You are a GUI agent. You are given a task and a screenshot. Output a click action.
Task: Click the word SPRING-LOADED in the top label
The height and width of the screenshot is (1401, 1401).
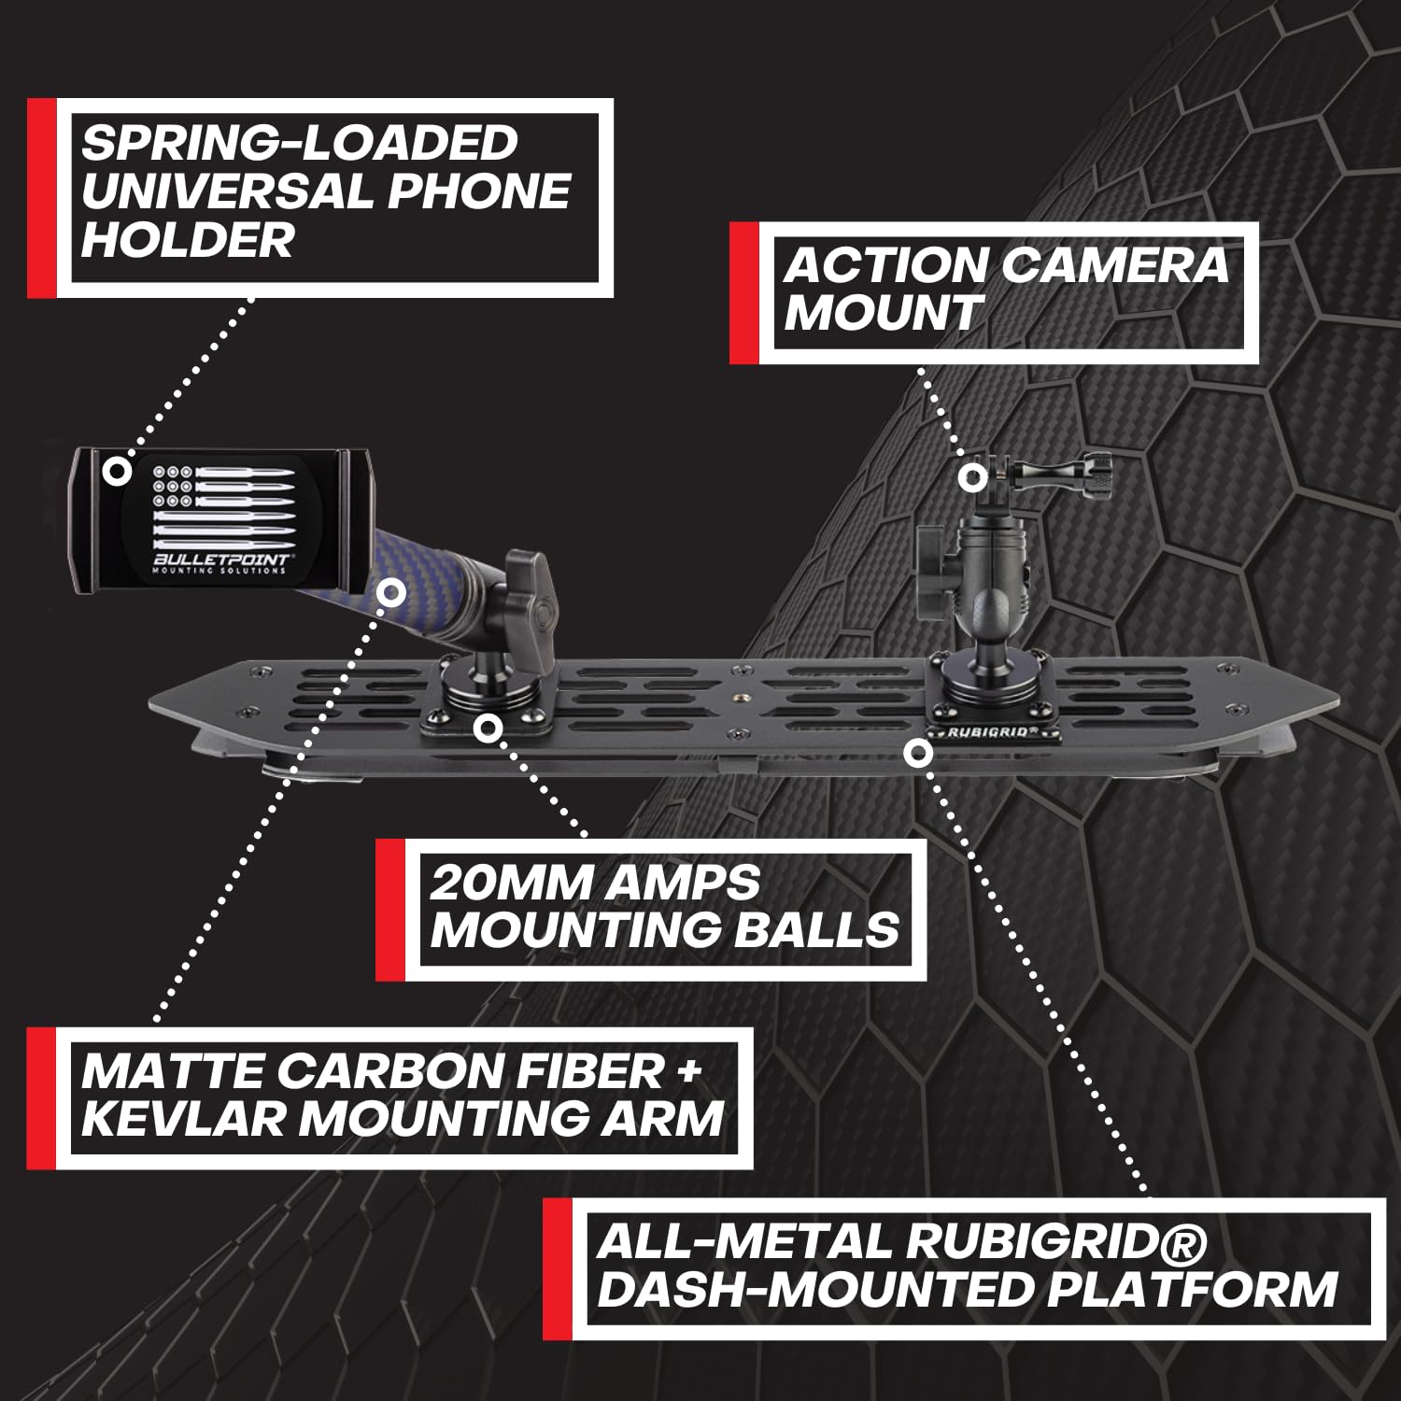coord(299,143)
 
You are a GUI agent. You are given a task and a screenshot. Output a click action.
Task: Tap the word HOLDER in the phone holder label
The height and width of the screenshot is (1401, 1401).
coord(187,240)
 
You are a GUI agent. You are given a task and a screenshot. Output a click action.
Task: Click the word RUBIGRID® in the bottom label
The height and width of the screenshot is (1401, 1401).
coord(1055,1242)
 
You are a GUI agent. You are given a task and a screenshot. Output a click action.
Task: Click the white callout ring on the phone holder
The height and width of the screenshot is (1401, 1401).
coord(117,470)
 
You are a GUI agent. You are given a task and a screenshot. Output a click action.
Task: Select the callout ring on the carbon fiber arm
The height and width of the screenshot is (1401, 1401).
coord(391,592)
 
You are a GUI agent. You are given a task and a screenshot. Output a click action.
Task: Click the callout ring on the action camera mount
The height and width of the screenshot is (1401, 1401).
coord(972,477)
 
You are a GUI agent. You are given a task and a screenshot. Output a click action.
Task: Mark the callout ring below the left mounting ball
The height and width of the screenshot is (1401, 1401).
coord(485,728)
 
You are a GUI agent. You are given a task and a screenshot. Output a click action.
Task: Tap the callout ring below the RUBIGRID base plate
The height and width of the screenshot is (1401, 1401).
coord(919,752)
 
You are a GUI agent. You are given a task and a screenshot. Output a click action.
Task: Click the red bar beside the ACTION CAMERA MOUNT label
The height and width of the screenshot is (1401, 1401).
coord(743,293)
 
